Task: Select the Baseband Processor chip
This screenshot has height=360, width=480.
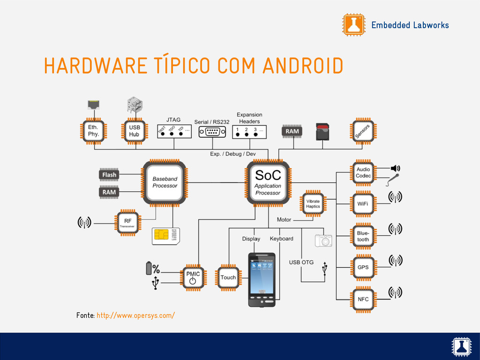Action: tap(165, 182)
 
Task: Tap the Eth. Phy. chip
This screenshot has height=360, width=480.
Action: tap(93, 130)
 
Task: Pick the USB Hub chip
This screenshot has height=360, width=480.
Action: tap(134, 130)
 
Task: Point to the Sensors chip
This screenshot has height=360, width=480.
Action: tap(362, 131)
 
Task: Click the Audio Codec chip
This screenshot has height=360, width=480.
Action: tap(363, 172)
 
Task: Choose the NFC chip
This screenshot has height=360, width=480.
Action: tap(363, 299)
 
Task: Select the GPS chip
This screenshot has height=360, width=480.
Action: tap(363, 268)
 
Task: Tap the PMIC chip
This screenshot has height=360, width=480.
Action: tap(193, 277)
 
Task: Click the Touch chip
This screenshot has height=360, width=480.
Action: tap(228, 277)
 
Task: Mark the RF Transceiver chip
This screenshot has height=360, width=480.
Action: tap(127, 222)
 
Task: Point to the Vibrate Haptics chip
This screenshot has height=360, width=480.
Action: tap(313, 203)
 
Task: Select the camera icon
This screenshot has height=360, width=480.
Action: tap(323, 240)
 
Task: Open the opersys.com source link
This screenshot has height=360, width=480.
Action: tap(136, 315)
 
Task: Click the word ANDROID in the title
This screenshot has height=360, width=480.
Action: tap(303, 66)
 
